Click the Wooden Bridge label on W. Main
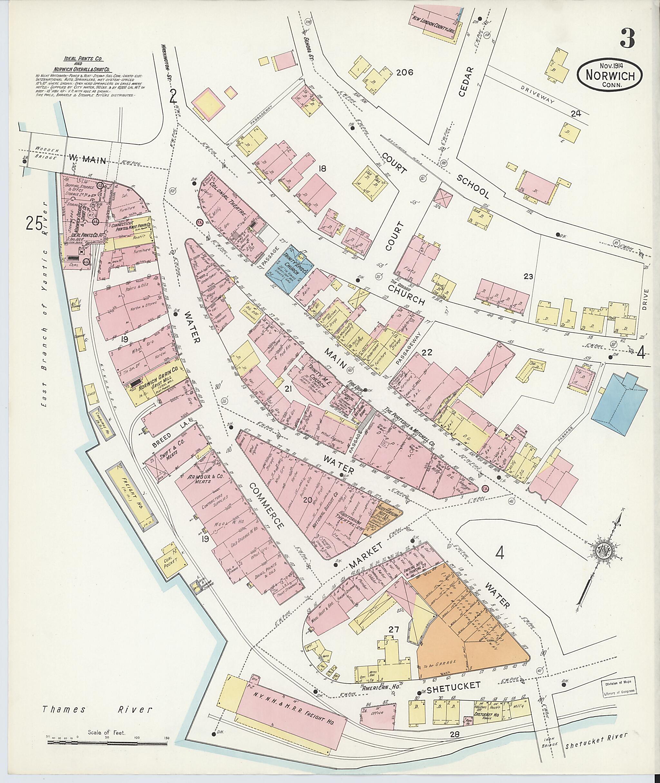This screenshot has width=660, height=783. (x=44, y=153)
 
